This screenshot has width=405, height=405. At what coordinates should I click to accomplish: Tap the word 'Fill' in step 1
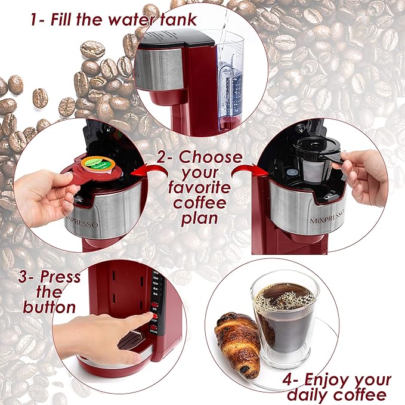pos(66,19)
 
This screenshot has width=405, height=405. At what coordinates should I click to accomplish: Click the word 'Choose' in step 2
pos(211,158)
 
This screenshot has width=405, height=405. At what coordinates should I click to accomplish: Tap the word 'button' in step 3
pos(50,307)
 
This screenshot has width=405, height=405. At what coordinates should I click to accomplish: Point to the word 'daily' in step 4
pos(310,395)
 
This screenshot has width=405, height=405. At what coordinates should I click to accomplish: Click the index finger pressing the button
pos(141,320)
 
